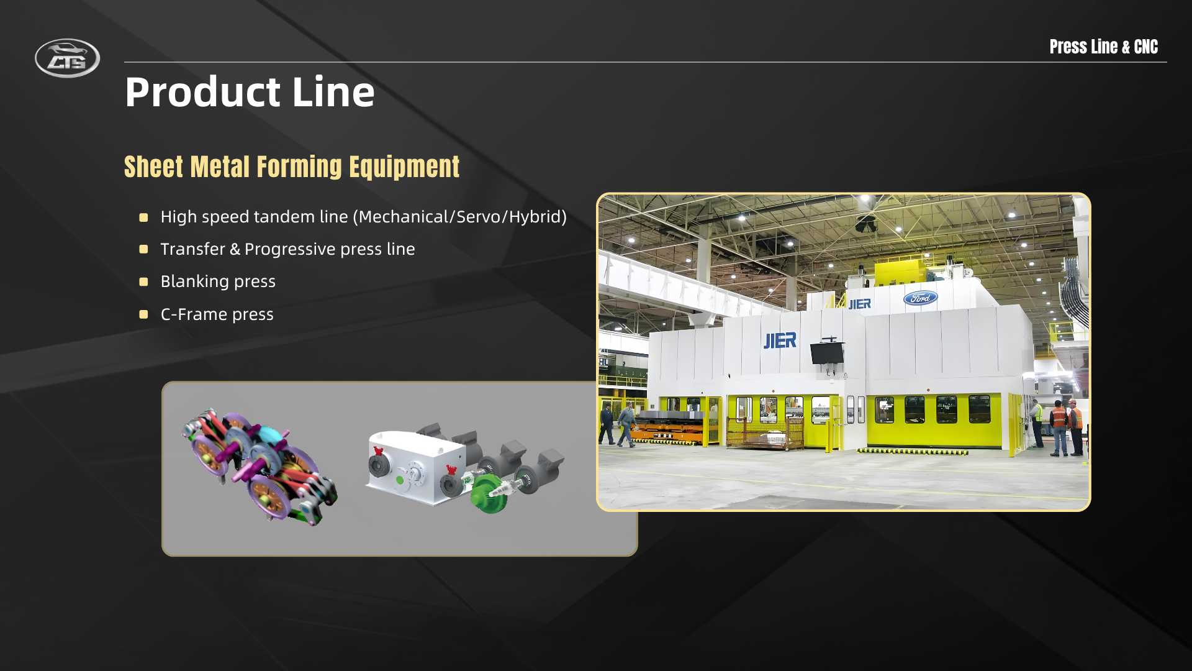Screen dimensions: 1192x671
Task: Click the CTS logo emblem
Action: [67, 58]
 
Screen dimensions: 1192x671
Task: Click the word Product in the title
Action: [202, 92]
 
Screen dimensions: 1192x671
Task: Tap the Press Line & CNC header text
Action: [1103, 47]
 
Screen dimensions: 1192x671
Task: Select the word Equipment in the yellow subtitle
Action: [404, 167]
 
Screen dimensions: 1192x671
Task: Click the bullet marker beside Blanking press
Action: [143, 282]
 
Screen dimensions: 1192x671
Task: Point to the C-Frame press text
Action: [217, 314]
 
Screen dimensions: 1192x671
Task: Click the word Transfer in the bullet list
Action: [192, 249]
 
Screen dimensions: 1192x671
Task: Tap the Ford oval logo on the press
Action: [920, 298]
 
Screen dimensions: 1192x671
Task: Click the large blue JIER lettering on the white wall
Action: [780, 340]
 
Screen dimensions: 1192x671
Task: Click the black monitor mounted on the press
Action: [827, 353]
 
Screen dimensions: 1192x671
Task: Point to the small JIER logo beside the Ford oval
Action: [859, 304]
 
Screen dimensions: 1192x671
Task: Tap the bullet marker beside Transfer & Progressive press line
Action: [143, 249]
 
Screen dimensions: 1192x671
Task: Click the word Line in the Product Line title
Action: [333, 92]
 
